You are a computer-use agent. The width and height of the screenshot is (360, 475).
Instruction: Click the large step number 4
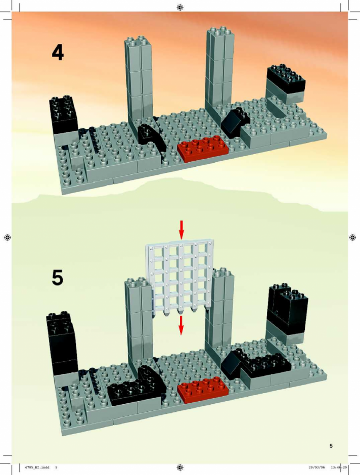tap(58, 52)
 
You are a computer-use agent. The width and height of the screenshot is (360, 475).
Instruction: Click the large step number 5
tap(58, 277)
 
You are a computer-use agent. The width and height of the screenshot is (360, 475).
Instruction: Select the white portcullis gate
tap(181, 279)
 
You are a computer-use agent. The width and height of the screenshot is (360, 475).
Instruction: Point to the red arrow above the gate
tap(181, 229)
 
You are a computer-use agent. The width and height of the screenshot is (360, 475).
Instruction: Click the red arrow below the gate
tap(181, 325)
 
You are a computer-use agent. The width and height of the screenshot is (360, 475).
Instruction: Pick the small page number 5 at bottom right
tap(331, 446)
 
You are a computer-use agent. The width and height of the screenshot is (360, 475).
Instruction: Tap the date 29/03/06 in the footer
tap(317, 467)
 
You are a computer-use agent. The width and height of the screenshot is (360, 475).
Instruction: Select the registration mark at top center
tap(180, 7)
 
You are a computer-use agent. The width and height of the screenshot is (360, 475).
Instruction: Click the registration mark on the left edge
tap(8, 237)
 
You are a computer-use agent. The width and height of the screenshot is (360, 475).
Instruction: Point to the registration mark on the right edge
tap(352, 237)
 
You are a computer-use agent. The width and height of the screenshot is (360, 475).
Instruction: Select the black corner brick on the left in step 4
tap(64, 115)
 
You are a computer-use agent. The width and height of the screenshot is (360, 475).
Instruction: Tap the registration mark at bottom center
tap(180, 467)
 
